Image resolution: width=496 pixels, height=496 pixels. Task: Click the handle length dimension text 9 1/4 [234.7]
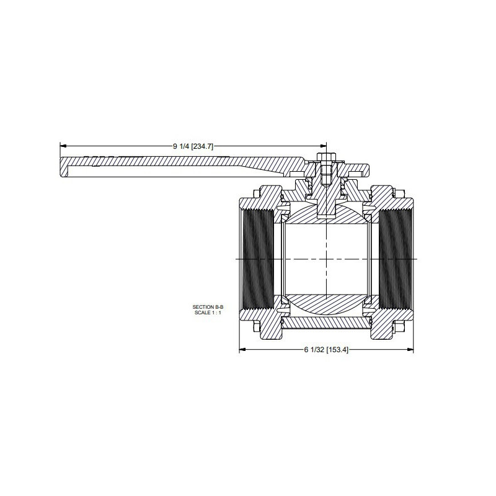pos(193,146)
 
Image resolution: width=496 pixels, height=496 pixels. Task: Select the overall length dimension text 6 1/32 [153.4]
pos(327,350)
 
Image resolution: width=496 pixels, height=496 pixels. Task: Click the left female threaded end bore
pos(257,259)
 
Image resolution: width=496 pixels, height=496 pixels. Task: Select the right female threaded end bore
pos(395,259)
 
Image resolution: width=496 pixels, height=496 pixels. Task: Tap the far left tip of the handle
pos(62,168)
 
